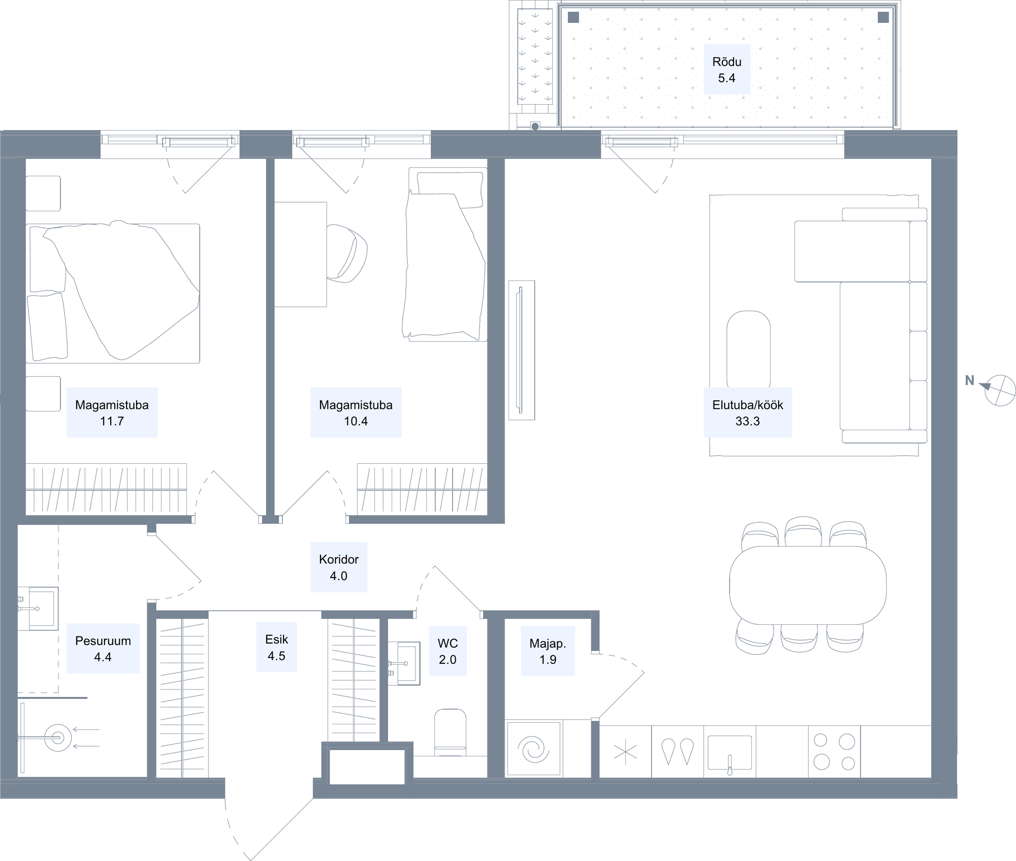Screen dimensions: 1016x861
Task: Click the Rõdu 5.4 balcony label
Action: (726, 70)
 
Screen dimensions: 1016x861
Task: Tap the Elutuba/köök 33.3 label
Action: (747, 412)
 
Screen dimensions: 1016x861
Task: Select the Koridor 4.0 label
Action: (339, 567)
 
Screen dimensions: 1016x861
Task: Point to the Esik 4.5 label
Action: (276, 648)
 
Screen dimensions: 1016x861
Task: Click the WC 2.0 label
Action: (448, 651)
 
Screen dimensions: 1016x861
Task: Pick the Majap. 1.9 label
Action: (548, 651)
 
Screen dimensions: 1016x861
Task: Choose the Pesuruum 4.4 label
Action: (103, 649)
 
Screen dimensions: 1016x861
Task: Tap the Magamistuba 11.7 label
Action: (112, 412)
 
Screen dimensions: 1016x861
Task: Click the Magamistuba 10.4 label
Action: (356, 412)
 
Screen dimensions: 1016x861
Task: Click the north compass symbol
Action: (999, 390)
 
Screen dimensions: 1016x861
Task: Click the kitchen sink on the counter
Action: (729, 753)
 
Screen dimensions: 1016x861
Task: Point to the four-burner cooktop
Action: (834, 751)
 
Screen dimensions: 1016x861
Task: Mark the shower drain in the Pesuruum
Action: (58, 738)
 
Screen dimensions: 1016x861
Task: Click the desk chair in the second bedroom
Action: (347, 253)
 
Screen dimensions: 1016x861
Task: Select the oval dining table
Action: (808, 585)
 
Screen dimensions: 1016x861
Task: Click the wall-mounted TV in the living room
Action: (522, 350)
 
